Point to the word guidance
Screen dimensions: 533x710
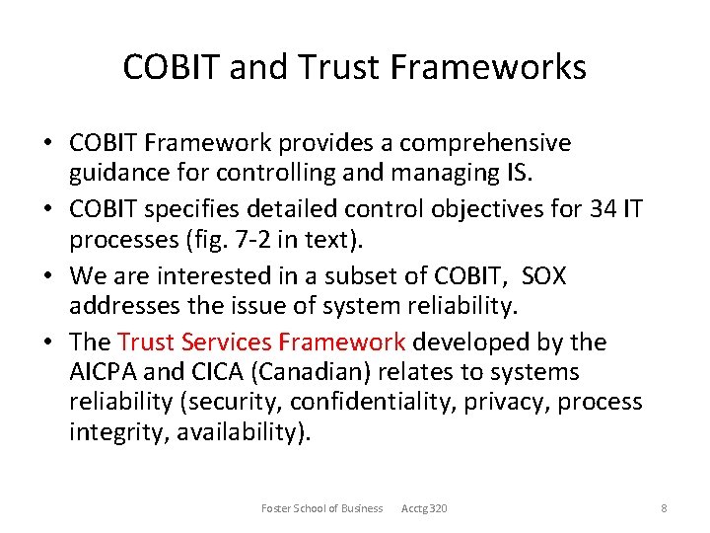pos(119,173)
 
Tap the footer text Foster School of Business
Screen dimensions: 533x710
pos(321,508)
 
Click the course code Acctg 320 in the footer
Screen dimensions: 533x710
pos(424,508)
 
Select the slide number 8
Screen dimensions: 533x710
pos(664,508)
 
